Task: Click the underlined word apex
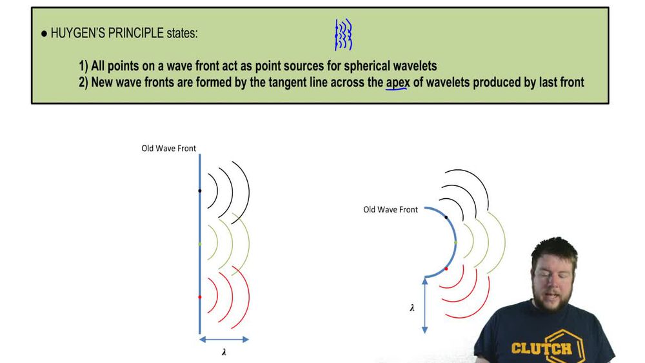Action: [x=397, y=82]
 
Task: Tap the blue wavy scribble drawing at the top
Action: [x=343, y=35]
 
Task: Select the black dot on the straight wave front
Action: [x=200, y=191]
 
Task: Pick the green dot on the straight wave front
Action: [x=200, y=244]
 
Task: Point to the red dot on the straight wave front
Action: [x=200, y=296]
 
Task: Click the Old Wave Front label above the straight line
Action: [x=169, y=149]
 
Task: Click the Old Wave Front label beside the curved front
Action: [x=390, y=209]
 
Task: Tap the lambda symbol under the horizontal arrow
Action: [x=224, y=352]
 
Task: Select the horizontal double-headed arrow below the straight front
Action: [x=224, y=339]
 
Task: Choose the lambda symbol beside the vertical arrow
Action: [x=412, y=307]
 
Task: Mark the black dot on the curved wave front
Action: [x=446, y=217]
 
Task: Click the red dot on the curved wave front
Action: [x=446, y=267]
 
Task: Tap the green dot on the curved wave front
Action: [x=456, y=242]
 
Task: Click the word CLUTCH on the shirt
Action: [x=541, y=348]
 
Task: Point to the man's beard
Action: [x=553, y=301]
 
